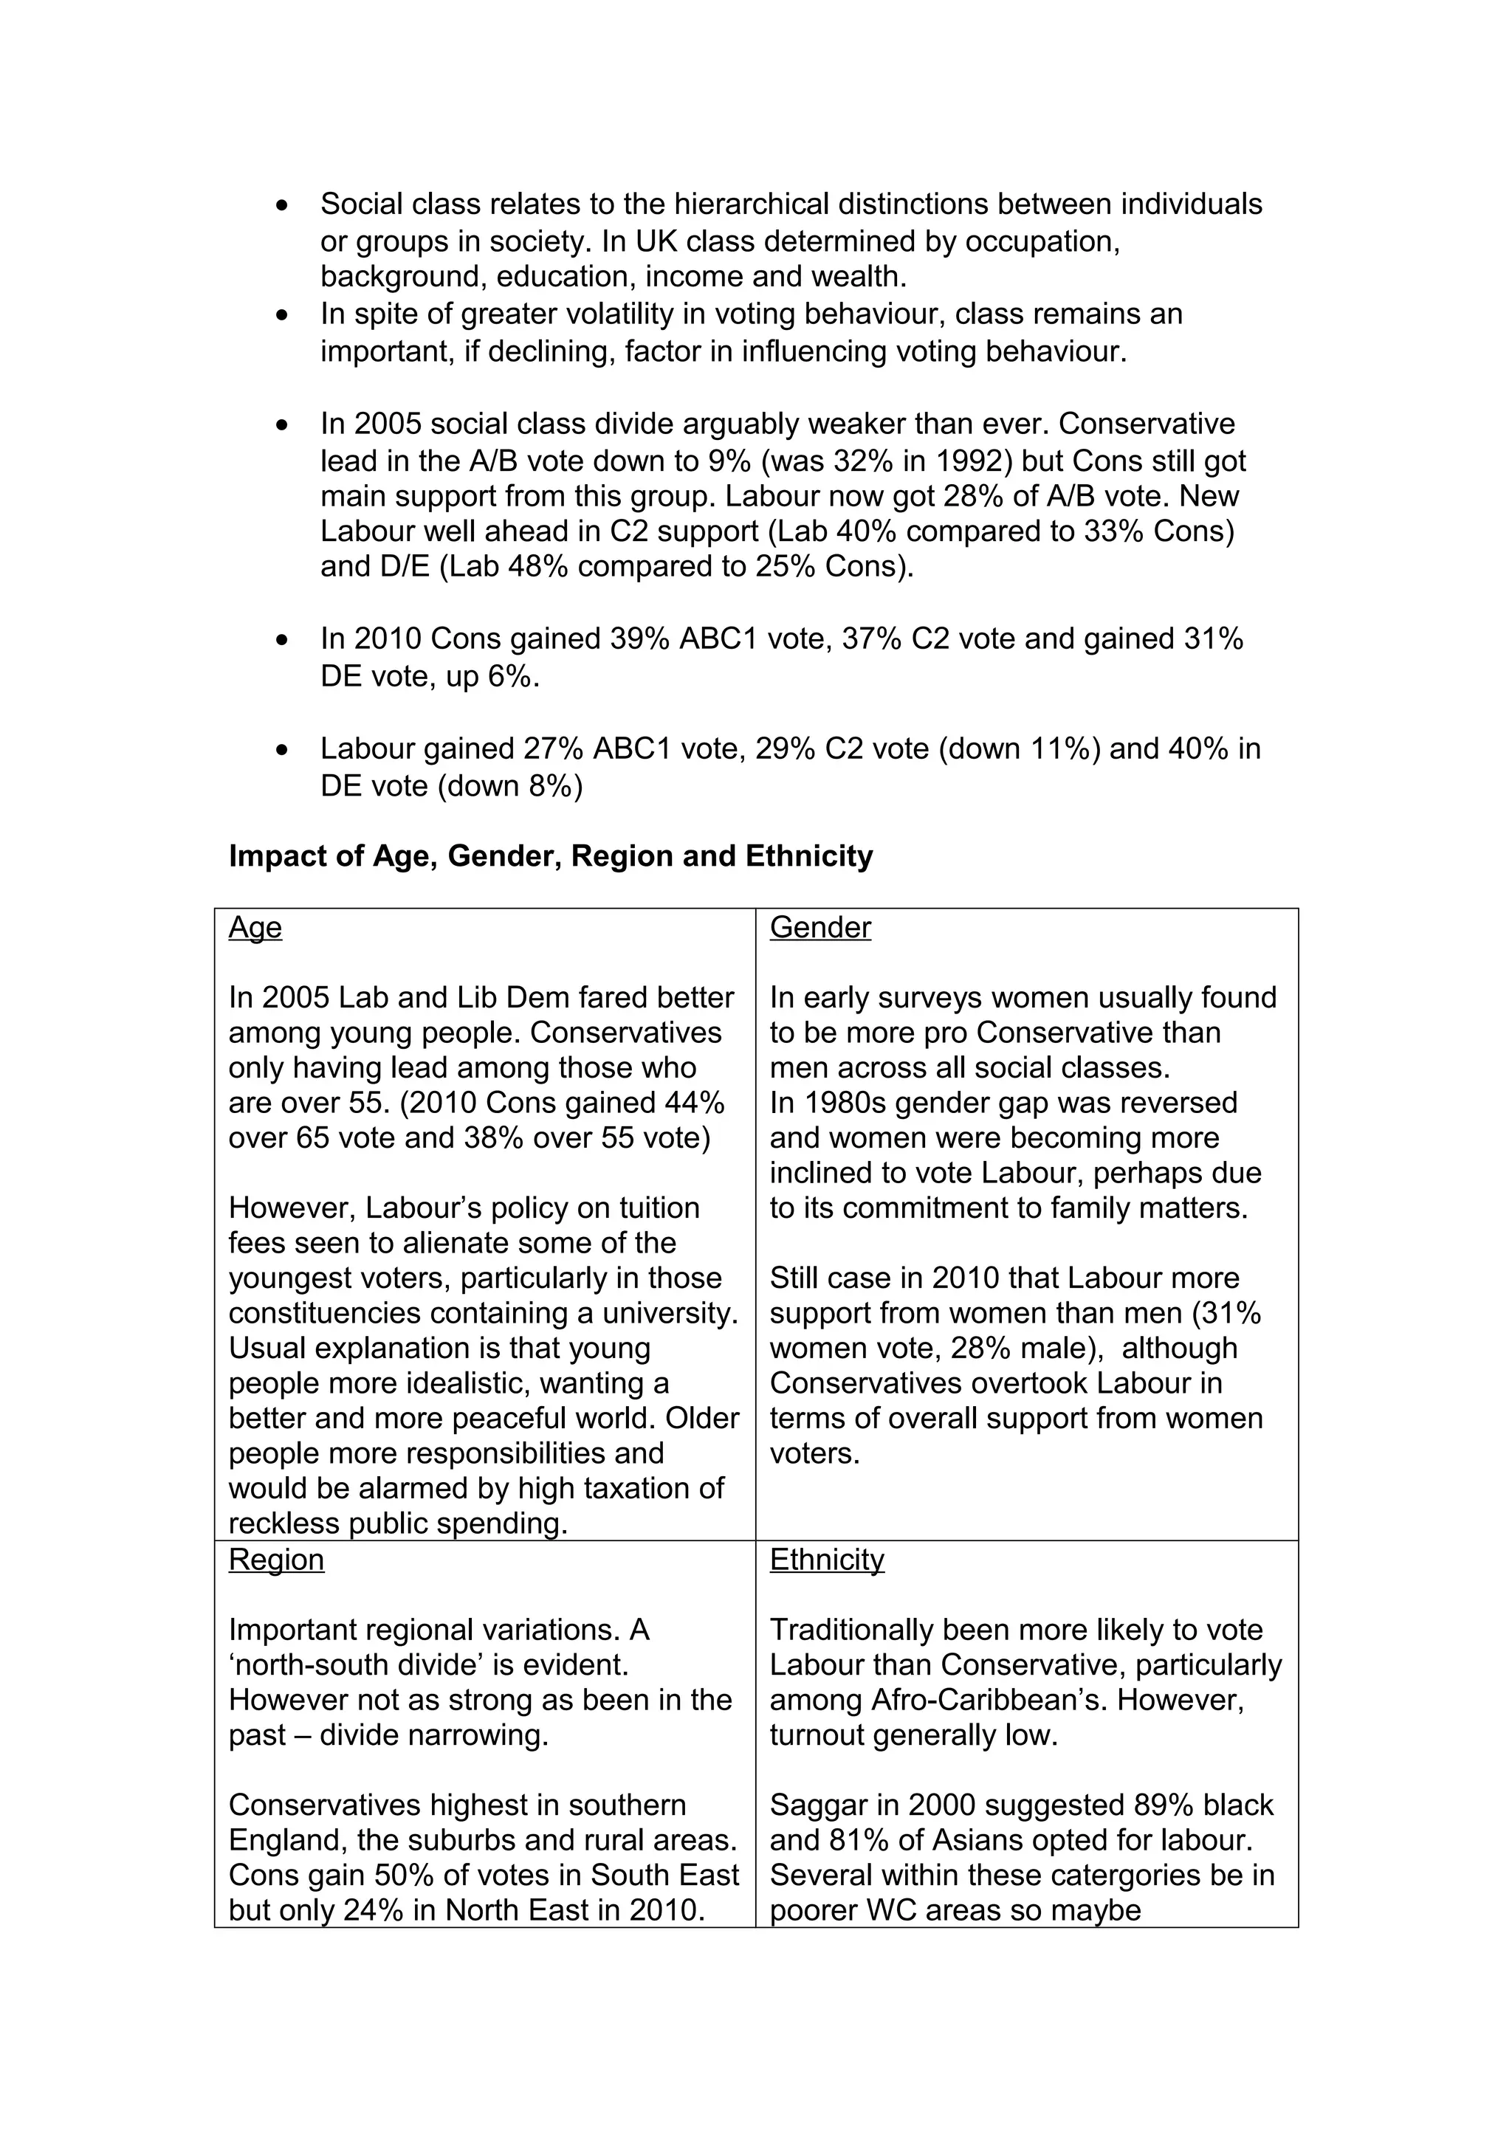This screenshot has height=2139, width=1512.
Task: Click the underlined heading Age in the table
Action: click(x=255, y=928)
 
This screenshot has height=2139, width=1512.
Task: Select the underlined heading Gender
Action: click(x=819, y=928)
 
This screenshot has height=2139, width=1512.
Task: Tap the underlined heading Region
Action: click(x=277, y=1560)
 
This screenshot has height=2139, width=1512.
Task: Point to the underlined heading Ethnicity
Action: click(x=826, y=1560)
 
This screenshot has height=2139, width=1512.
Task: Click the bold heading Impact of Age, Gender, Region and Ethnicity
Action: click(x=551, y=856)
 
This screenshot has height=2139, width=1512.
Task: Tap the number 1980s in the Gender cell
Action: click(x=844, y=1103)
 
